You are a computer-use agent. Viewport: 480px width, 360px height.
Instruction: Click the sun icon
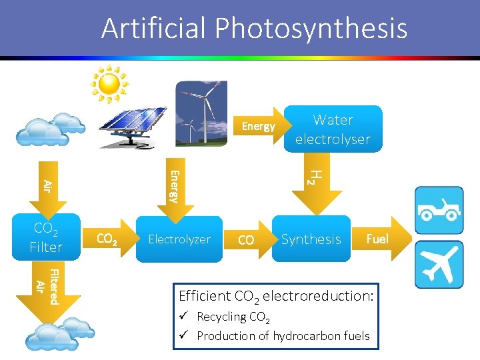109,84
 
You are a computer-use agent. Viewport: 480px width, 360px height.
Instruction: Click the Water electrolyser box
333,129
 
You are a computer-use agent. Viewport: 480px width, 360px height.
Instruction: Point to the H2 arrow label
317,176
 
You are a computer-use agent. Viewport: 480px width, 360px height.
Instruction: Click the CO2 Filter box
46,238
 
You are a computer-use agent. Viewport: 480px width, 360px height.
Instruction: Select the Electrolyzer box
179,239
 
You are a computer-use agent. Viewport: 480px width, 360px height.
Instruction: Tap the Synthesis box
311,239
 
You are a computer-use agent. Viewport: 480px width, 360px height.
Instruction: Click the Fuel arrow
377,239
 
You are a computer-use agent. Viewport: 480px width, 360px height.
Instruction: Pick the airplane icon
438,264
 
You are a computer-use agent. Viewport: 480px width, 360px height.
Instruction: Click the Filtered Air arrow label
47,287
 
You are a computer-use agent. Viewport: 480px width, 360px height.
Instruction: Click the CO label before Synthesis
246,240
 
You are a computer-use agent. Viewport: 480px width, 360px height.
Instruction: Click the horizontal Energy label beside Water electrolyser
258,126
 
